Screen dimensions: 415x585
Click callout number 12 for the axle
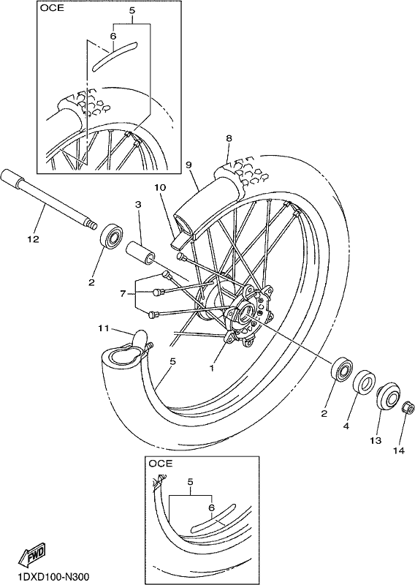coord(33,239)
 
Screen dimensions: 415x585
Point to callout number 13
coord(376,441)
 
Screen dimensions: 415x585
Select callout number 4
coord(346,426)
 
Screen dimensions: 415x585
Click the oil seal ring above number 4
coord(362,382)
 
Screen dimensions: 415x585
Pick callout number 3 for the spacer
coord(138,204)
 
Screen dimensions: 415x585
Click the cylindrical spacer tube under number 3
coord(141,252)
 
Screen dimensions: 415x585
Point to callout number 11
coord(104,328)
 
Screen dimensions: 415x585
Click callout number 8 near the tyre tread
coord(229,138)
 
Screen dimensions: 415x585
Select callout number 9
coord(188,164)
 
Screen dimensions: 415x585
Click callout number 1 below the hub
coord(211,368)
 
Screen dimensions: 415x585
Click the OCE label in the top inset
coord(52,8)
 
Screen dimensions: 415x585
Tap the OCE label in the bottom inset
coord(160,464)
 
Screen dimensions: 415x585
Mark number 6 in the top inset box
coord(113,36)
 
